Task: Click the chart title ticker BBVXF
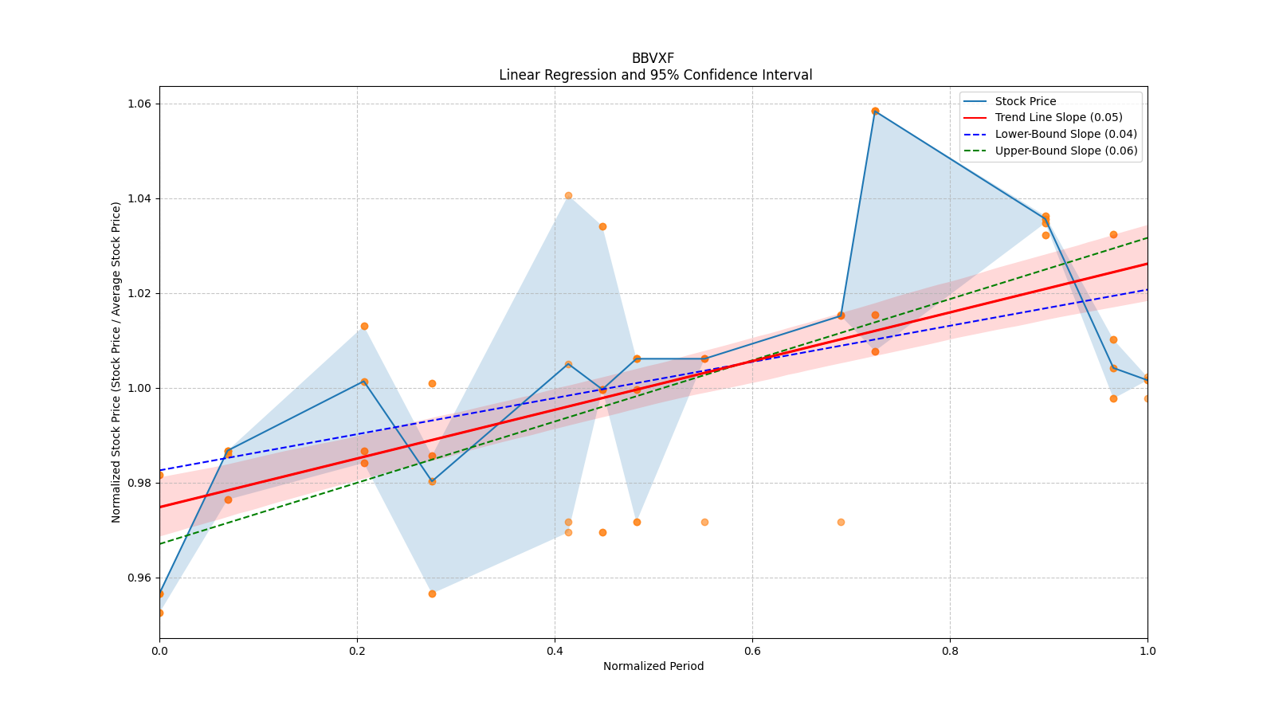click(x=653, y=58)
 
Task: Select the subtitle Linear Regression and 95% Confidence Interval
click(x=655, y=75)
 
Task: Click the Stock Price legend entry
click(x=1025, y=101)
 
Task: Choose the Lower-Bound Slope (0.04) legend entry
click(x=1065, y=134)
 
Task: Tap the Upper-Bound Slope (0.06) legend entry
click(x=1065, y=151)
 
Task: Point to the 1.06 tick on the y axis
click(x=139, y=104)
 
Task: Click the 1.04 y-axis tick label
click(x=139, y=198)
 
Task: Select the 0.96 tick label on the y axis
click(x=139, y=578)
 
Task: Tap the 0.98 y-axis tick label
click(x=139, y=483)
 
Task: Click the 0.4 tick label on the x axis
click(x=555, y=651)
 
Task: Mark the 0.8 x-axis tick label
click(x=950, y=651)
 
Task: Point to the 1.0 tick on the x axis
click(x=1147, y=651)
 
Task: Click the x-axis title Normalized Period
click(x=653, y=666)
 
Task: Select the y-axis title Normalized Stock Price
click(x=116, y=362)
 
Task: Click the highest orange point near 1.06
click(x=875, y=111)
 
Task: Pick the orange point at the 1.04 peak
click(x=568, y=195)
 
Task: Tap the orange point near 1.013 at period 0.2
click(x=364, y=326)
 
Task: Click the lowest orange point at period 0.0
click(x=159, y=613)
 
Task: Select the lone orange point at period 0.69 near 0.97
click(x=841, y=522)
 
